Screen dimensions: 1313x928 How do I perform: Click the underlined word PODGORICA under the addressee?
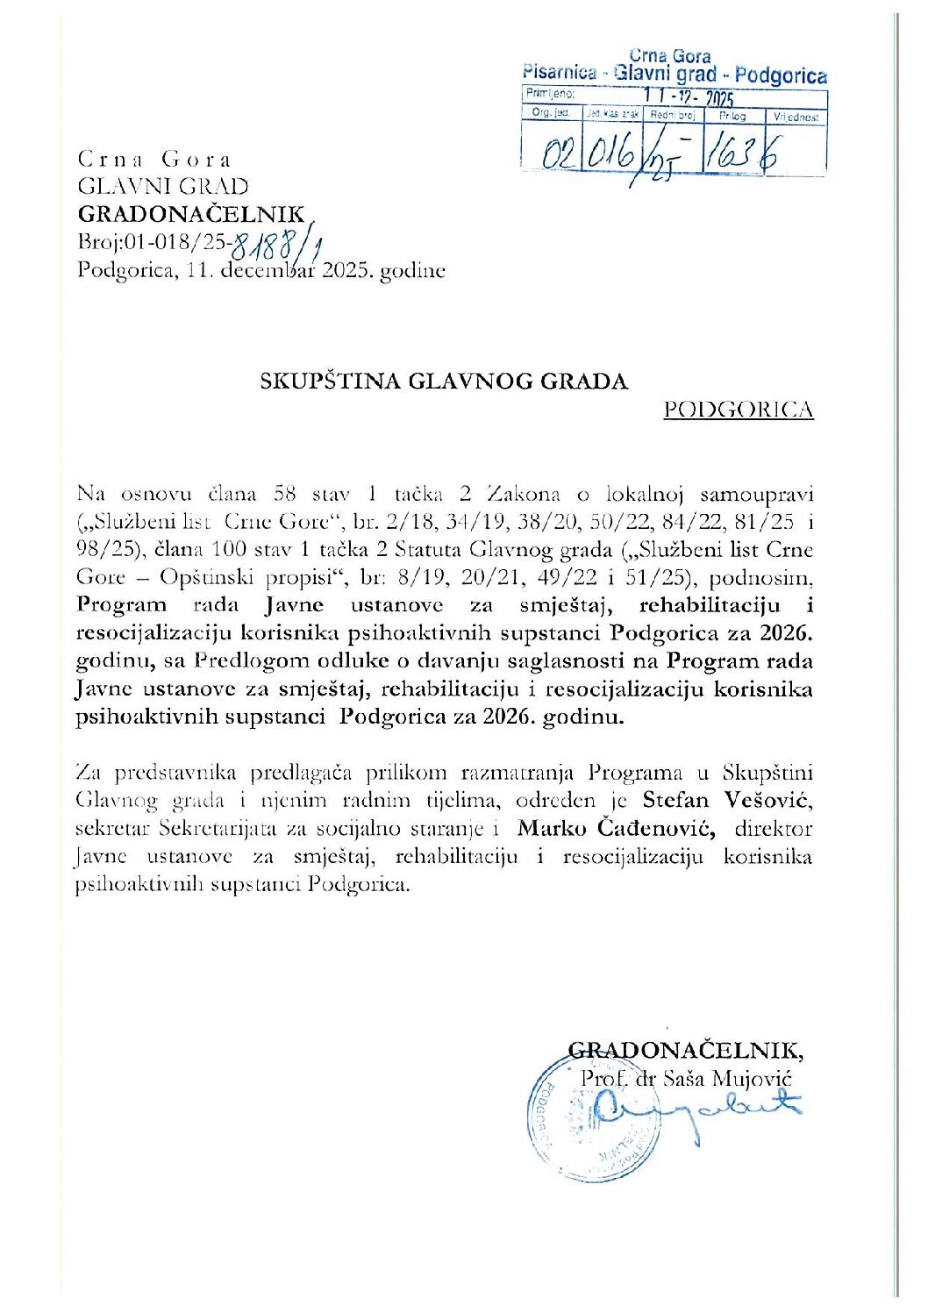pyautogui.click(x=739, y=410)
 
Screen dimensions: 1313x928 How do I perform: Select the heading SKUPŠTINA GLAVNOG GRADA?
pyautogui.click(x=444, y=382)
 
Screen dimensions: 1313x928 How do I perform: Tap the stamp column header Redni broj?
pyautogui.click(x=673, y=115)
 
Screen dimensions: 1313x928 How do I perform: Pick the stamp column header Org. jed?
pyautogui.click(x=551, y=113)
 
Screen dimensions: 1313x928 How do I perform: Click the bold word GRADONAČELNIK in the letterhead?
pyautogui.click(x=191, y=214)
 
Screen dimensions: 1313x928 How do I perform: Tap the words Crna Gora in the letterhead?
pyautogui.click(x=154, y=160)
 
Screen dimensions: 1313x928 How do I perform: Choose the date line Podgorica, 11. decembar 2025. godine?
pyautogui.click(x=261, y=270)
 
